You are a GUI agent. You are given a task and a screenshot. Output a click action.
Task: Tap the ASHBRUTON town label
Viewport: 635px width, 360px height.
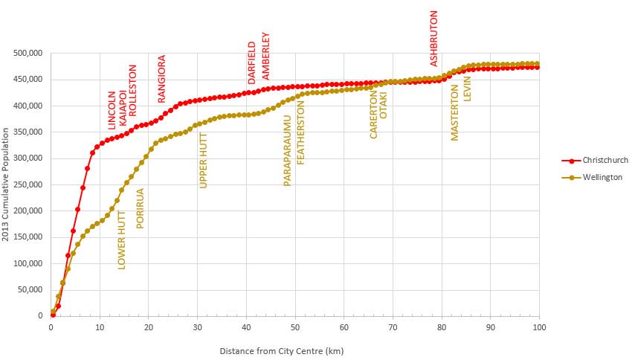tap(434, 38)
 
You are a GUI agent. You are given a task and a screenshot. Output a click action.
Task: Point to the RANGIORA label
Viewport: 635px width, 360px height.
tap(161, 78)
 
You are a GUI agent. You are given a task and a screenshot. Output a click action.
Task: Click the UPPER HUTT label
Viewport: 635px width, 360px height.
tap(204, 161)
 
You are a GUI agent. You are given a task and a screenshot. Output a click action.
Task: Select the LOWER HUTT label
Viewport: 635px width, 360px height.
tap(122, 239)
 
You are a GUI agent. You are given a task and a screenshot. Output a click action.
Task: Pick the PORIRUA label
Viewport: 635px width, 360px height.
tap(140, 208)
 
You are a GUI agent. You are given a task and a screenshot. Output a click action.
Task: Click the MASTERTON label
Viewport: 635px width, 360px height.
tap(455, 112)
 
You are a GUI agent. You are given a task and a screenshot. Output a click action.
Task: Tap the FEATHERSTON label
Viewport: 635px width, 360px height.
tap(301, 133)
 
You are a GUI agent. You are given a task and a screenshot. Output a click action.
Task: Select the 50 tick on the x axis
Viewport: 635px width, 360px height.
tap(295, 326)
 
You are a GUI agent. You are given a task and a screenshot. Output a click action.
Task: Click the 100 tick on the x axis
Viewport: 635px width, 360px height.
tap(539, 326)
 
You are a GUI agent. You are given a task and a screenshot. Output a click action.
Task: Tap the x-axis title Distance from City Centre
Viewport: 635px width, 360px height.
tap(282, 350)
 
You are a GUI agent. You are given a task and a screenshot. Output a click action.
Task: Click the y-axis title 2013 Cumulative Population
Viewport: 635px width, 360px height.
tap(7, 184)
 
